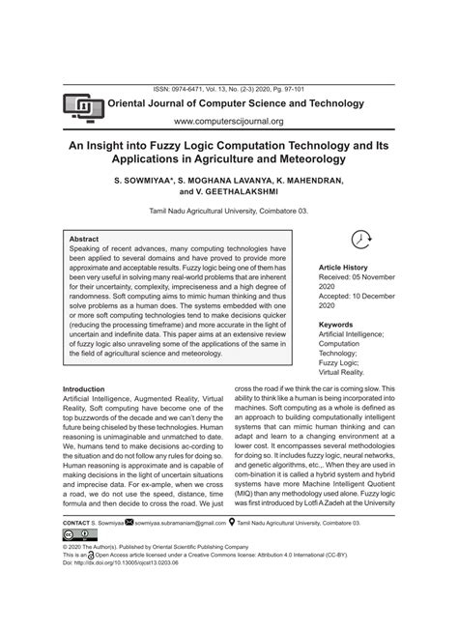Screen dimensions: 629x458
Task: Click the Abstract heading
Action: click(x=85, y=238)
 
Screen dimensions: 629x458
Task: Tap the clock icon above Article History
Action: click(x=359, y=240)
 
